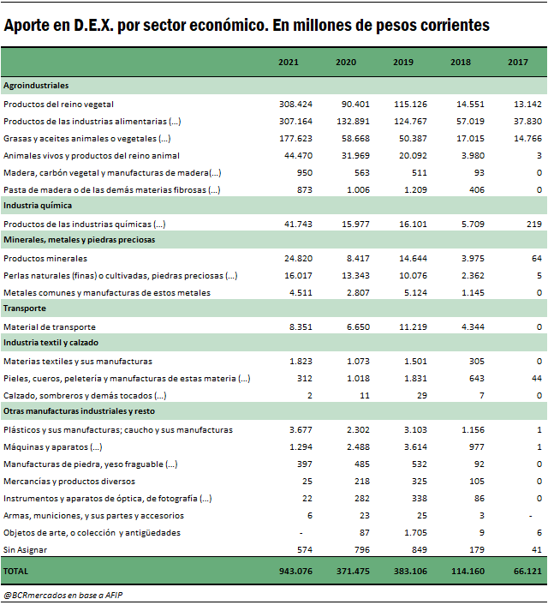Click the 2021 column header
pos(289,62)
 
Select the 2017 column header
pos(517,62)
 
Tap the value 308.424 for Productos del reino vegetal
pos(295,105)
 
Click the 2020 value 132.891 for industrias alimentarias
pos(353,121)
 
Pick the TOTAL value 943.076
pos(295,571)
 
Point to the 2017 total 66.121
pos(527,571)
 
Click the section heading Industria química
pos(38,206)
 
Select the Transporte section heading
pos(25,308)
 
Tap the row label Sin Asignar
pos(25,550)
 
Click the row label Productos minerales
pos(45,259)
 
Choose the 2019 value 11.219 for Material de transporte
pos(413,327)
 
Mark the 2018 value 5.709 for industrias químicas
pos(473,225)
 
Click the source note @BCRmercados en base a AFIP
pos(63,595)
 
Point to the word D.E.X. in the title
pos(93,26)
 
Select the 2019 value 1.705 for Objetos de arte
pos(416,533)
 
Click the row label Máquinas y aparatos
pos(53,447)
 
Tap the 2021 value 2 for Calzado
pos(310,396)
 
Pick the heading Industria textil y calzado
pos(51,343)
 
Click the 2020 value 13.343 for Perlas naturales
pos(355,276)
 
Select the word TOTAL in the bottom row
pos(15,571)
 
